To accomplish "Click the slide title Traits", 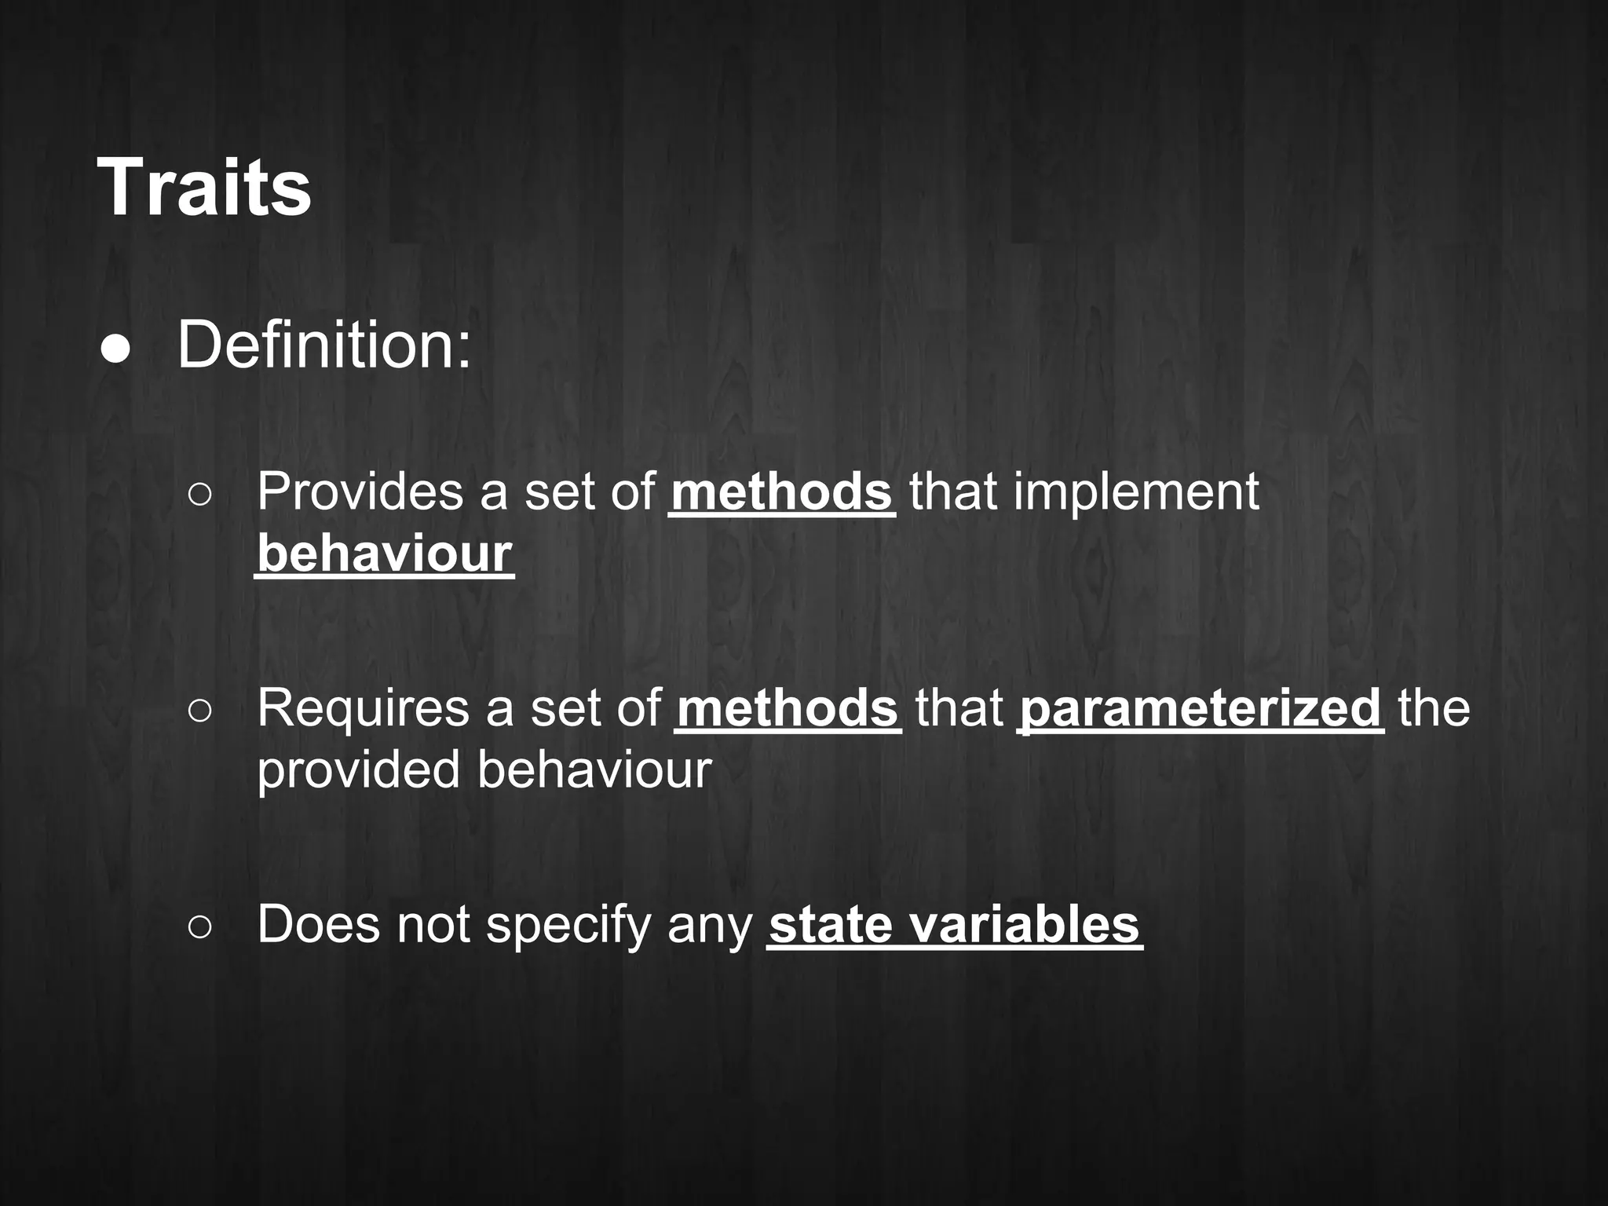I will click(204, 188).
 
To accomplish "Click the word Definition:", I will click(324, 345).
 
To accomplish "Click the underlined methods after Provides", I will click(781, 492).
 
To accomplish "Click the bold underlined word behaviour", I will click(384, 554).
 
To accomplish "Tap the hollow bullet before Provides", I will click(200, 495).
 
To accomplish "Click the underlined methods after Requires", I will click(788, 708).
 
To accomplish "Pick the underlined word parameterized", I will click(1201, 708).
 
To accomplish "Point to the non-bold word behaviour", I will click(594, 769).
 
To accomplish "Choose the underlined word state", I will click(830, 924).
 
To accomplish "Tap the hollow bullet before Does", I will click(200, 927).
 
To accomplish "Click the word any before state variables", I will click(709, 924).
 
